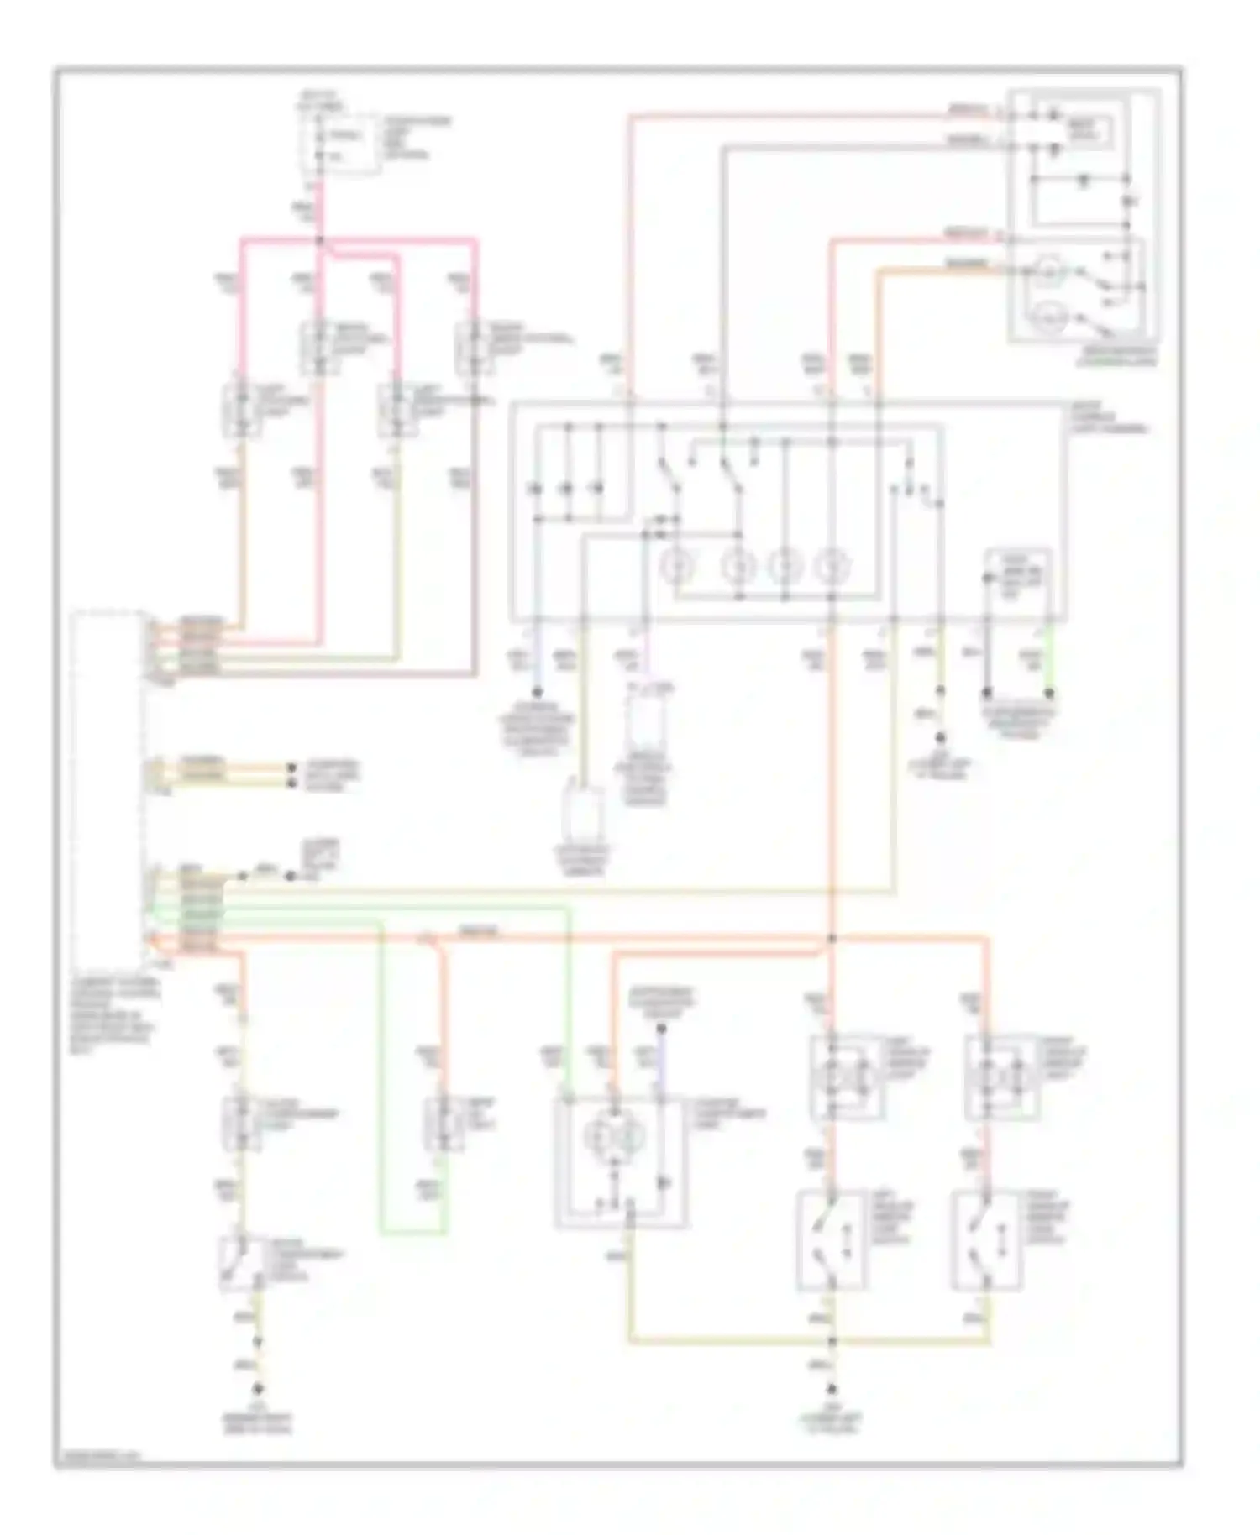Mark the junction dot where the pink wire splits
[x=320, y=241]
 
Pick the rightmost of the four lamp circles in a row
[x=832, y=566]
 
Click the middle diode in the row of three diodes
[x=568, y=488]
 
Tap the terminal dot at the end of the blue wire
[x=538, y=694]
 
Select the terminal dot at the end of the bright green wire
[x=1049, y=694]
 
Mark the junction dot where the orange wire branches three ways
[x=832, y=938]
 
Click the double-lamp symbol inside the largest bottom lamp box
[x=621, y=1137]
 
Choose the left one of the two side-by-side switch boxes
[x=832, y=1239]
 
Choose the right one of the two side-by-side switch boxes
[x=987, y=1239]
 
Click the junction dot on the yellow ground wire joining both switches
[x=832, y=1341]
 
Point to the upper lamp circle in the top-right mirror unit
[x=1048, y=270]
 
